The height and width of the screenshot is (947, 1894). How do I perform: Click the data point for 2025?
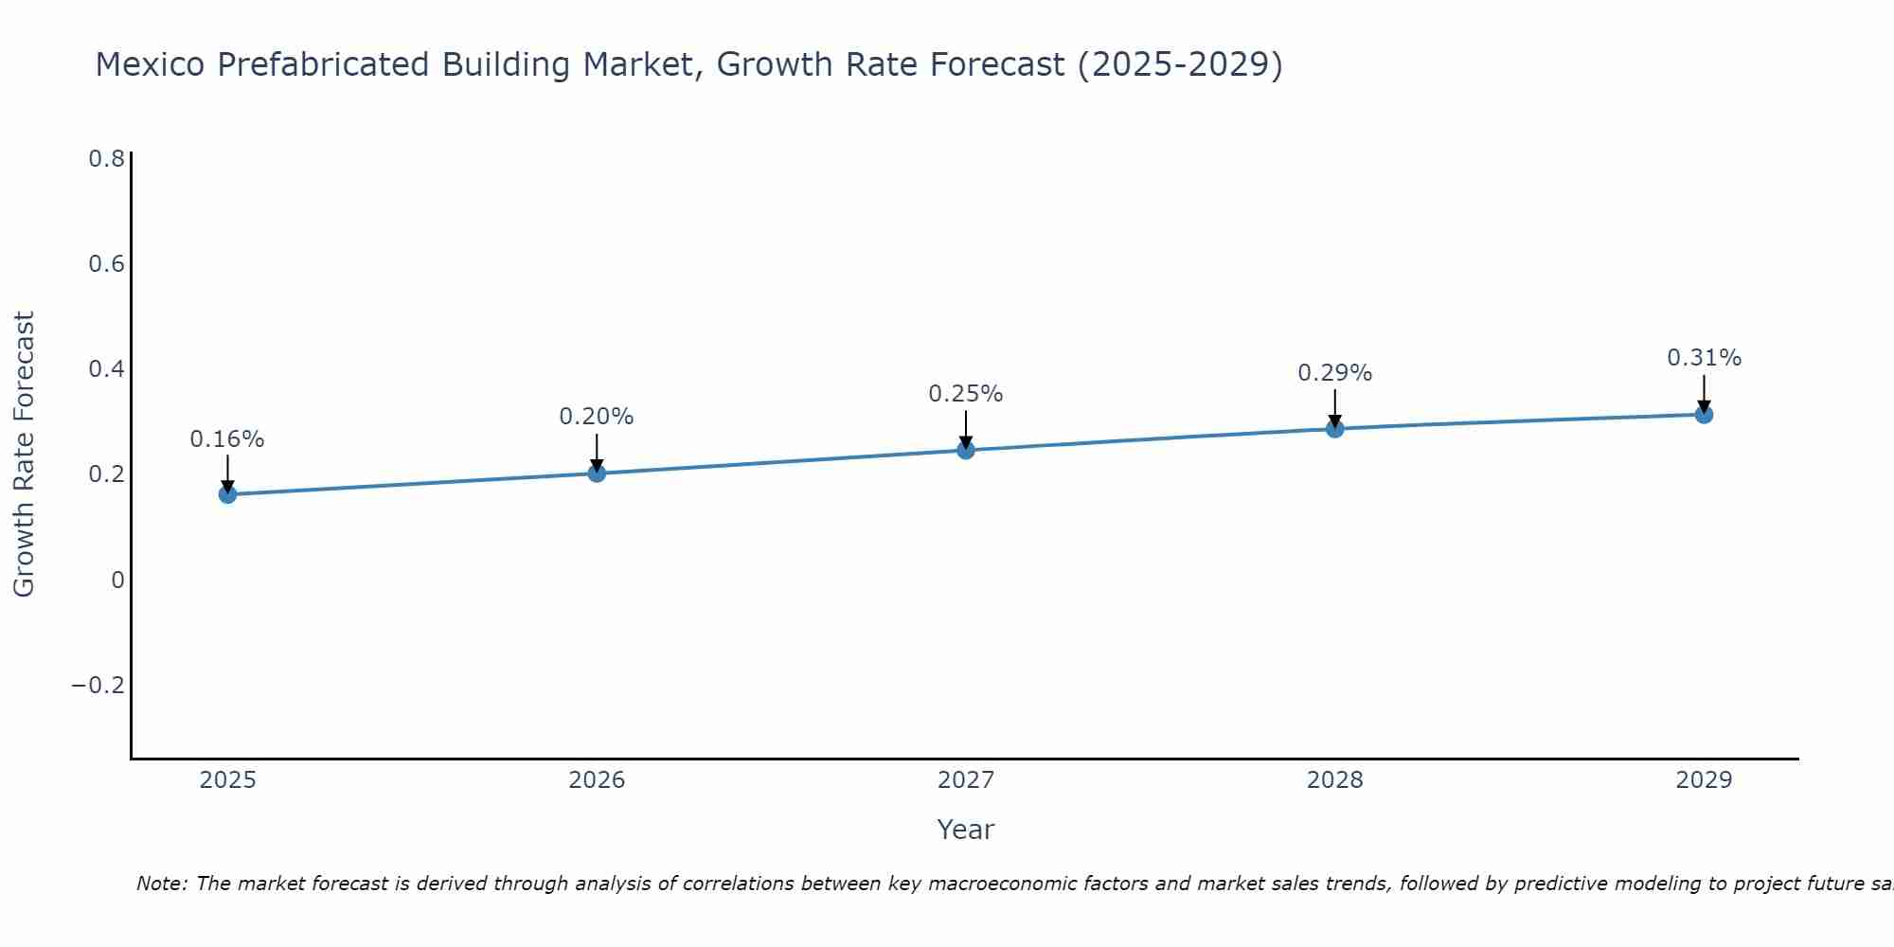(227, 494)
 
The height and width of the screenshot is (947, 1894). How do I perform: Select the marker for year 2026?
(597, 473)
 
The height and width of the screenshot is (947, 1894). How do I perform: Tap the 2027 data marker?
(966, 450)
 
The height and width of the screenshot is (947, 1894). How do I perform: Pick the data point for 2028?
(1334, 429)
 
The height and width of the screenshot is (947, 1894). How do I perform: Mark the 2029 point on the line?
(1704, 414)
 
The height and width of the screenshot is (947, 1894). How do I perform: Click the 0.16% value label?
(227, 439)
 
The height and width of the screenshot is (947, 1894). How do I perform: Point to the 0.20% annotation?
(597, 417)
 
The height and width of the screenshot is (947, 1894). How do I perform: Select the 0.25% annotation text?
(966, 394)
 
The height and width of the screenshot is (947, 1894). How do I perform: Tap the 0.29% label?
(1334, 373)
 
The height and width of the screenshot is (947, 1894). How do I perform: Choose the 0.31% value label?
(1704, 358)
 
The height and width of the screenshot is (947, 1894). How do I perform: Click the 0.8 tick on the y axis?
(106, 159)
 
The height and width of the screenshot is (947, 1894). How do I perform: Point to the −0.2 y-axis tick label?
(98, 686)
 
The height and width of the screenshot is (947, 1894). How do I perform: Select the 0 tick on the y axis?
(117, 581)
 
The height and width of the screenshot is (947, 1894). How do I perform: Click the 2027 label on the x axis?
(966, 780)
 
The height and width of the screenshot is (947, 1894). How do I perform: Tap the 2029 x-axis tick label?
(1704, 780)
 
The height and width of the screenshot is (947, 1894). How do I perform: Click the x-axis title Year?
(966, 830)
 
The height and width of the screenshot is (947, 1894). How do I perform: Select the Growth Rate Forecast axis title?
(24, 455)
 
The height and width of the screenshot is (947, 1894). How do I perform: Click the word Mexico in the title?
(151, 64)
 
